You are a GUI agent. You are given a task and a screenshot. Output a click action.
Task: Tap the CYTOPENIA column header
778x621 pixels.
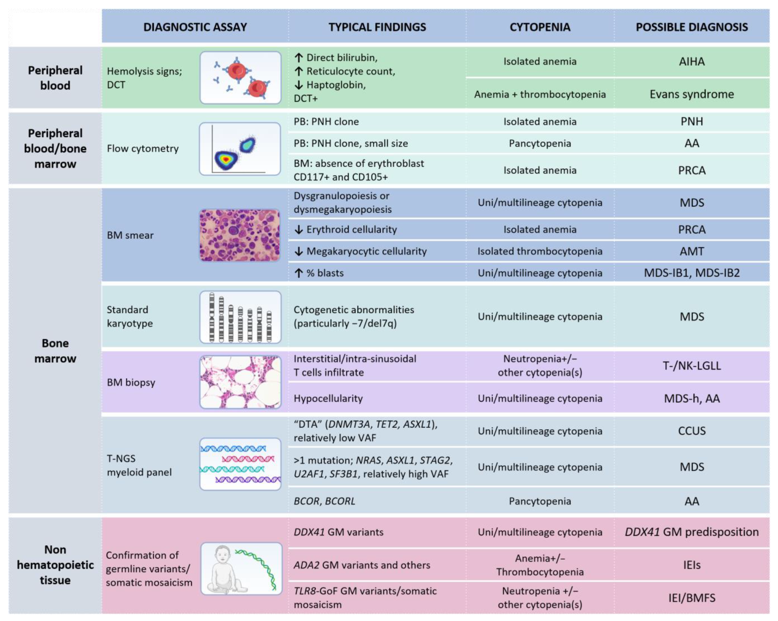tap(540, 27)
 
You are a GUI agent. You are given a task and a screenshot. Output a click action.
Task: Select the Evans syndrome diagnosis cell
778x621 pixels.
tap(691, 94)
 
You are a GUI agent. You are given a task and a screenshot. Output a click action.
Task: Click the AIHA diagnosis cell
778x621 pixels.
tap(691, 61)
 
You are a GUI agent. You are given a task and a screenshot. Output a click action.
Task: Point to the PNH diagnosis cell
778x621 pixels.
tap(691, 122)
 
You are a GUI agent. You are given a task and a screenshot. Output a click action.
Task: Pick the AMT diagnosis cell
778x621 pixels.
tap(691, 251)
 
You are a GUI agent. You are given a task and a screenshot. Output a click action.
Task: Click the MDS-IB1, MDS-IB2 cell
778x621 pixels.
tap(691, 273)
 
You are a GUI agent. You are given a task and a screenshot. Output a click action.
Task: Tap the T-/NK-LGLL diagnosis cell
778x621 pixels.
tap(691, 365)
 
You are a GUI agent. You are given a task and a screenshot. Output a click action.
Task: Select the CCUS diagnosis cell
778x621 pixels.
tap(691, 431)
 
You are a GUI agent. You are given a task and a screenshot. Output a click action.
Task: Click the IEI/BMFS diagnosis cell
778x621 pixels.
tap(691, 598)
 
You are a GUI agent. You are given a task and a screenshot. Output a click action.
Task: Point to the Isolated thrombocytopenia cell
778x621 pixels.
tap(540, 251)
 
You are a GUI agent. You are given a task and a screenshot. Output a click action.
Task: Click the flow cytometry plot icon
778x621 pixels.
tap(240, 149)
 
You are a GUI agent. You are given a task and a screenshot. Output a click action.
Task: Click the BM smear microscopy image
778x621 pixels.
tap(240, 235)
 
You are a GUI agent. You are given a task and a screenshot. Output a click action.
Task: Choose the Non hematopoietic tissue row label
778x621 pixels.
tap(55, 565)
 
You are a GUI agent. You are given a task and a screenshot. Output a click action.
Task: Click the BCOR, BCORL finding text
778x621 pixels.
tap(324, 501)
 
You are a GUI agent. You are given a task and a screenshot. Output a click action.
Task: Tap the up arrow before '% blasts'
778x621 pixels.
tap(298, 273)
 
